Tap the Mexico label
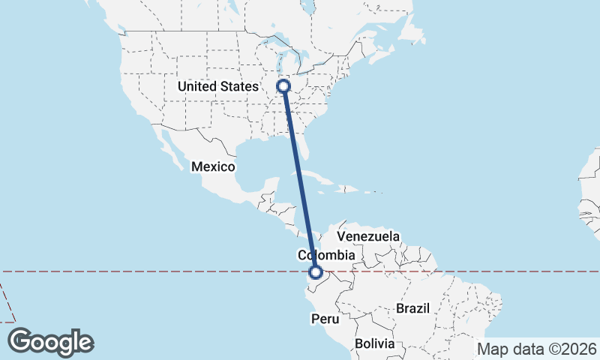tap(213, 166)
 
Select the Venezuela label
tap(368, 236)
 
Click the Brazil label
tap(412, 308)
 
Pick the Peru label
tap(325, 319)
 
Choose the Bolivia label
tap(374, 343)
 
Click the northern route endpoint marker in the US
tap(283, 87)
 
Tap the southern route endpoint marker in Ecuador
tap(316, 274)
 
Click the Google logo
tap(50, 341)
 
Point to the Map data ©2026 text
tap(537, 349)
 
